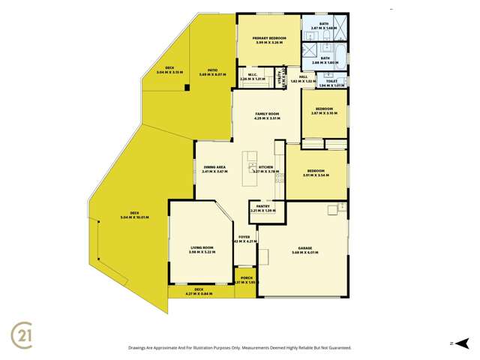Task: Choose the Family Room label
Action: (x=266, y=116)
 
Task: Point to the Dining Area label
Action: (x=214, y=169)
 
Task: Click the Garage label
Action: (x=302, y=250)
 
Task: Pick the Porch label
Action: (x=244, y=280)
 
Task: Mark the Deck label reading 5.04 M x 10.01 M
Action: (x=134, y=215)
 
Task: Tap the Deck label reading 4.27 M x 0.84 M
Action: (x=199, y=291)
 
